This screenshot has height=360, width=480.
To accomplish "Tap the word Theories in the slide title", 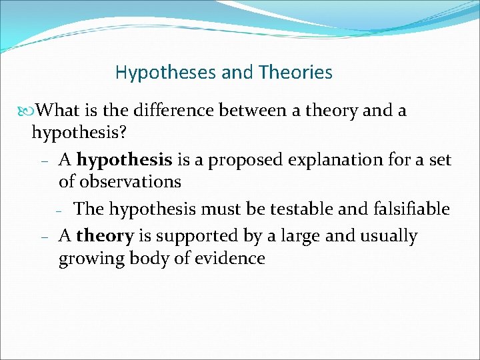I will coord(293,72).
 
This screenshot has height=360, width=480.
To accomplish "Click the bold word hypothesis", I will coord(125,160).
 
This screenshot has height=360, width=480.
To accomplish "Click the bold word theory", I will coord(105,236).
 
